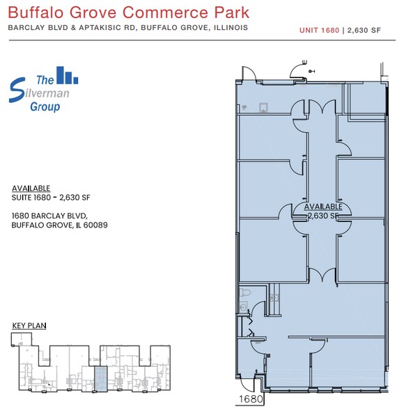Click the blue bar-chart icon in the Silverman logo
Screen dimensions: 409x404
point(68,74)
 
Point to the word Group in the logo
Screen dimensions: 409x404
point(45,107)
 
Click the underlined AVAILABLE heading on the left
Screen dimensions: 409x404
point(31,189)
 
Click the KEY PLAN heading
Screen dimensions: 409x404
point(29,326)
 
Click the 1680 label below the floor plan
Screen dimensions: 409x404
point(251,399)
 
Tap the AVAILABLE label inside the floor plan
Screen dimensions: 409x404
point(323,207)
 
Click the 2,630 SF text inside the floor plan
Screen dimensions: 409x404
point(323,216)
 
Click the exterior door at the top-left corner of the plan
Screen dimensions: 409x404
point(247,73)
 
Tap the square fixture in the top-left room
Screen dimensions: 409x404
point(263,108)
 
